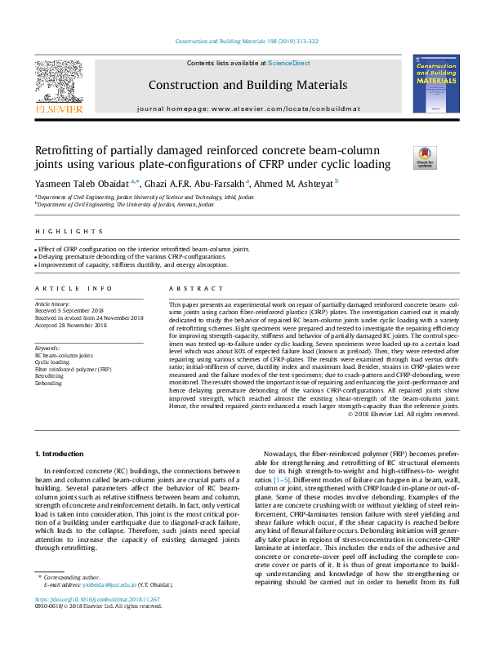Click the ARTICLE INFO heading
coord(73,288)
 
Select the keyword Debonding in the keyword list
coord(48,383)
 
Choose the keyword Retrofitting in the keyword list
coord(50,376)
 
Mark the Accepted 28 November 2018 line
coord(82,325)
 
